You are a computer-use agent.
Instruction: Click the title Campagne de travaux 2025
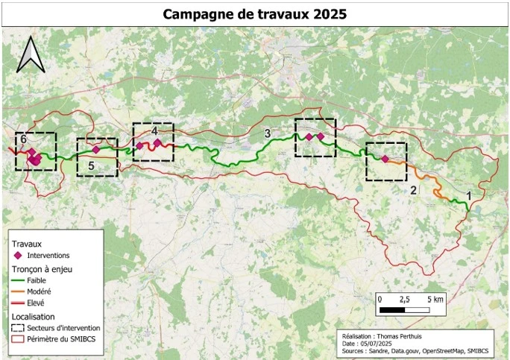(x=254, y=14)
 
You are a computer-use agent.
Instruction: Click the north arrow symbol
(x=31, y=55)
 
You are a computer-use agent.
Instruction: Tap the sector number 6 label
(x=24, y=139)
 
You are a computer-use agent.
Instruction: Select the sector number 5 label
(x=91, y=166)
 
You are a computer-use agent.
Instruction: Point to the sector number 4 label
(x=154, y=130)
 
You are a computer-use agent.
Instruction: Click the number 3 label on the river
(x=267, y=133)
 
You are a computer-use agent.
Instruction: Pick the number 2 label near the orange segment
(x=412, y=190)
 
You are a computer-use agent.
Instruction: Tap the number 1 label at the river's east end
(x=468, y=195)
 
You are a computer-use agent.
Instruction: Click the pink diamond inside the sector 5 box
(x=96, y=149)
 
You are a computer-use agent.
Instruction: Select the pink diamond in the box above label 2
(x=385, y=159)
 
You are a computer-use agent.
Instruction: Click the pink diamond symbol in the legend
(x=18, y=255)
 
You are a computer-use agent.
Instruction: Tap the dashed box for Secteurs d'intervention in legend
(x=18, y=327)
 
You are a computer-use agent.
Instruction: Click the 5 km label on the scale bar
(x=436, y=299)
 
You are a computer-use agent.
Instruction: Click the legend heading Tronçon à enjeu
(x=42, y=268)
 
